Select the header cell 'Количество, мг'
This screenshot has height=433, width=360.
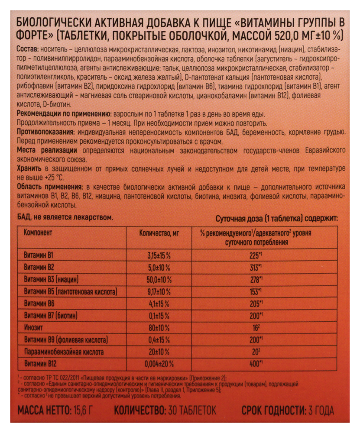pyautogui.click(x=159, y=233)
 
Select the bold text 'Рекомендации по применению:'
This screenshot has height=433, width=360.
pyautogui.click(x=59, y=113)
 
